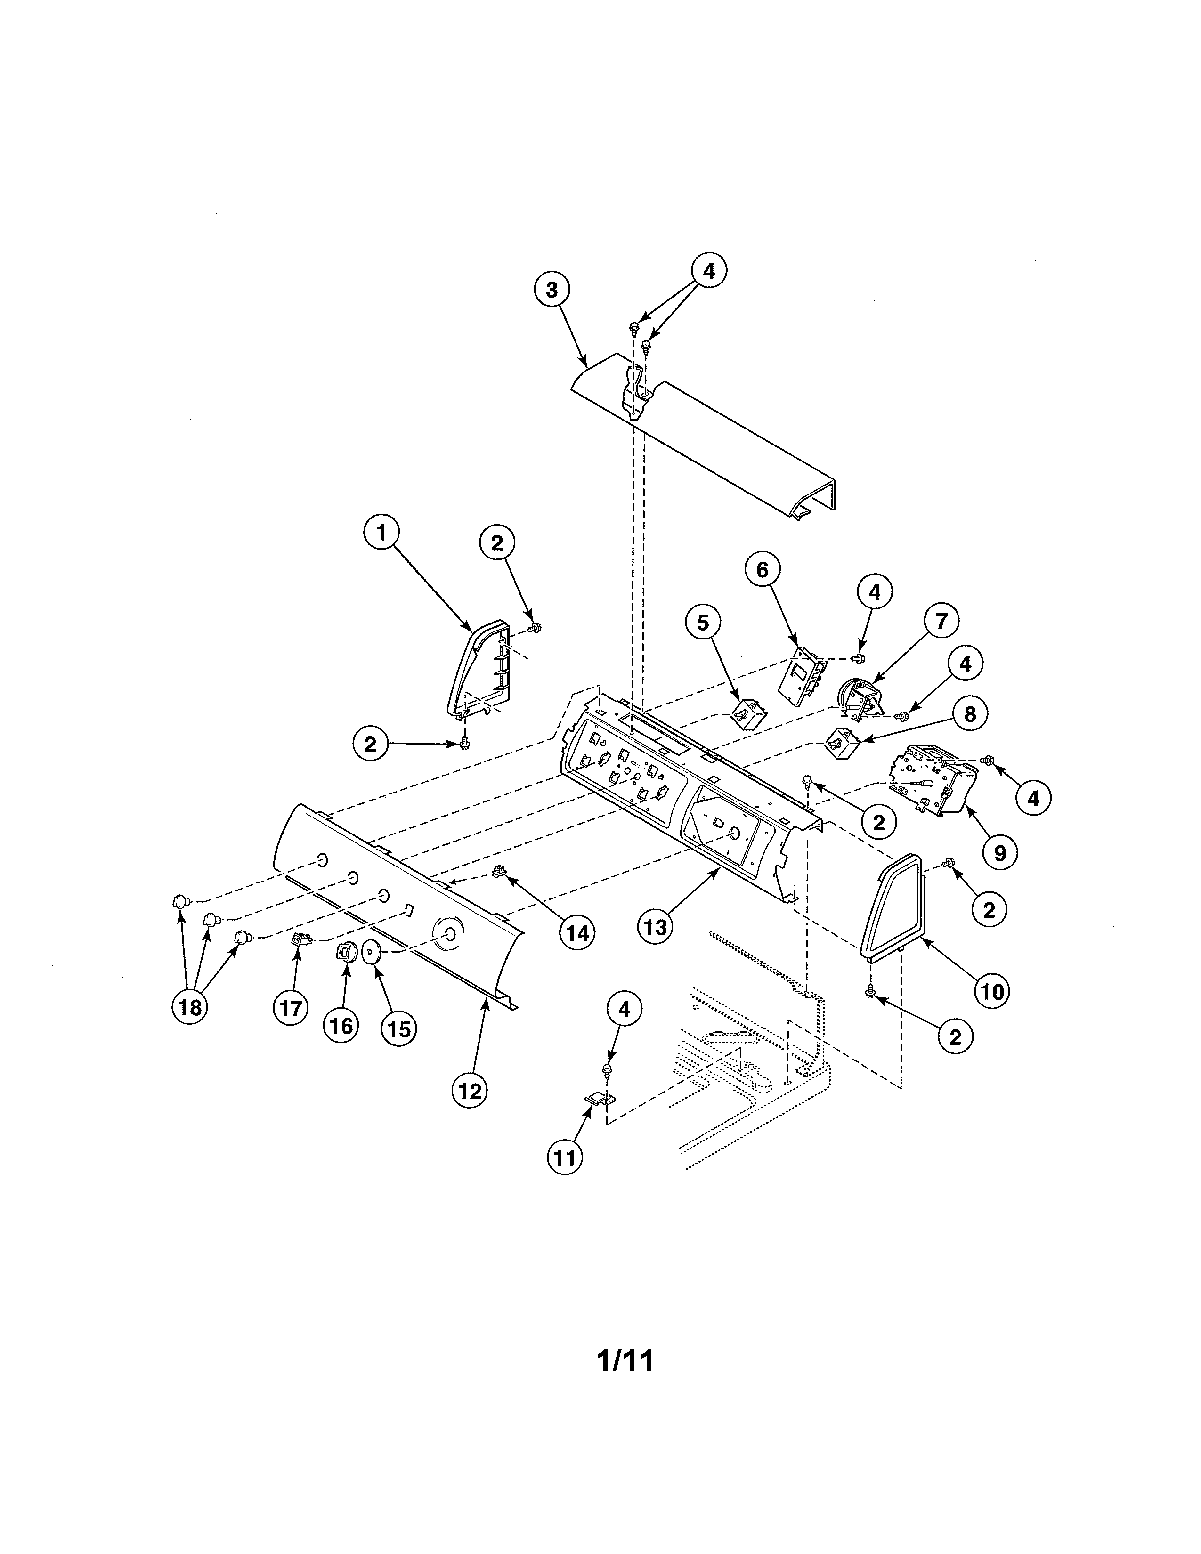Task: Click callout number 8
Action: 970,714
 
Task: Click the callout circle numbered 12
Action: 470,1091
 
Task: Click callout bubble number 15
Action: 399,1029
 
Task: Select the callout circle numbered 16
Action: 341,1025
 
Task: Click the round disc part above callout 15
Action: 372,951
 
